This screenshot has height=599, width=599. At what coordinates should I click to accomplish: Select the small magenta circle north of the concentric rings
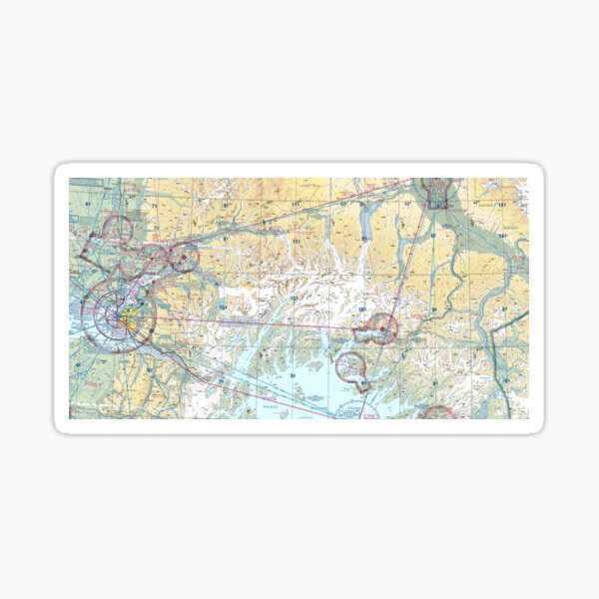click(117, 230)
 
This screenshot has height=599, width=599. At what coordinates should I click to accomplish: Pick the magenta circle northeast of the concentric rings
click(183, 258)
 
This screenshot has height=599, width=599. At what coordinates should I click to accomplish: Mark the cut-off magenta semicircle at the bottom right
click(436, 412)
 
